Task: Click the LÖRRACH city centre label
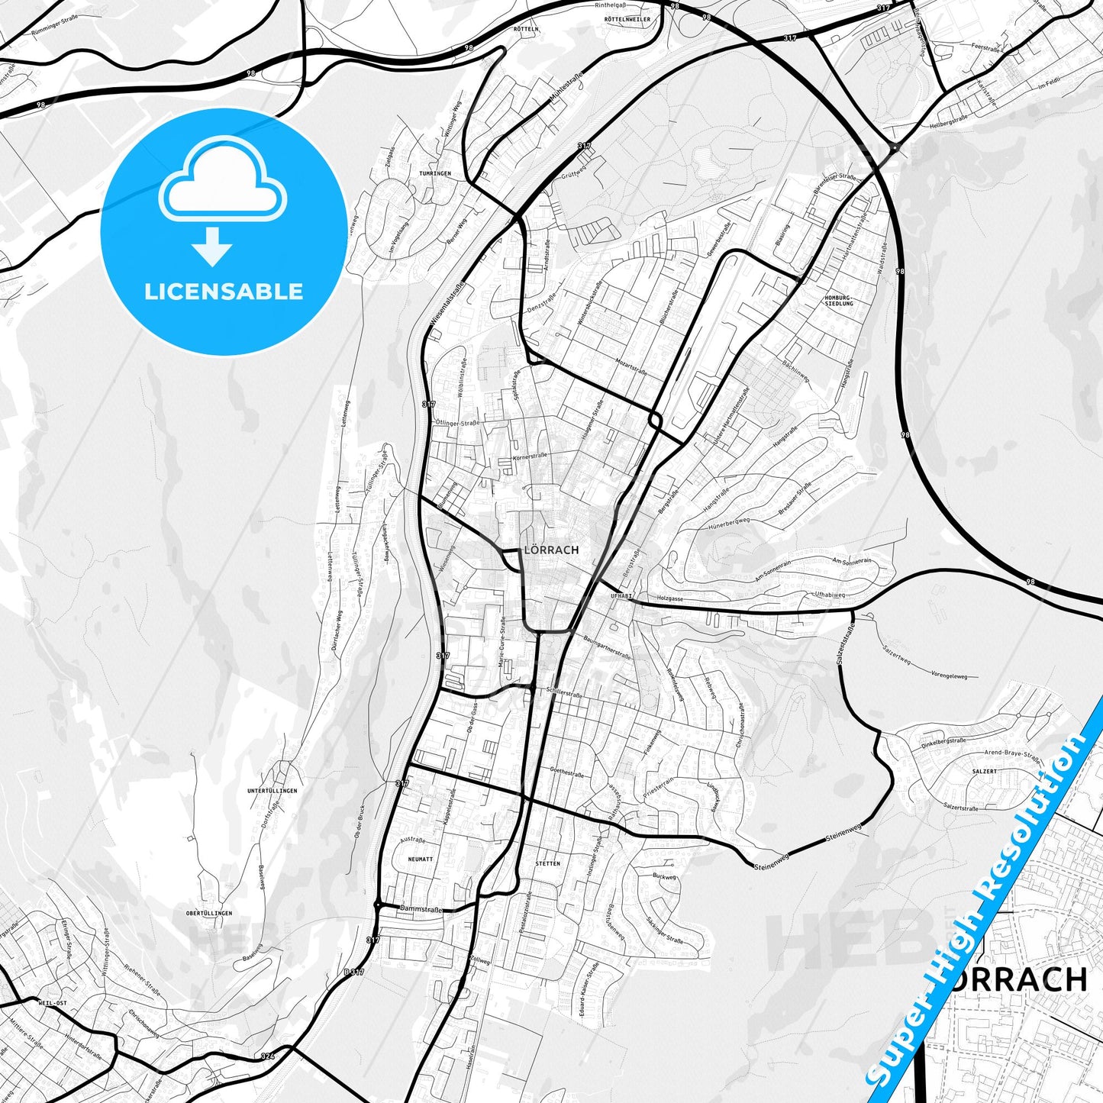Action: (551, 550)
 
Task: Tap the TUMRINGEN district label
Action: (435, 173)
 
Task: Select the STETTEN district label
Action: (547, 864)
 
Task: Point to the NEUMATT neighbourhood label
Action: (420, 859)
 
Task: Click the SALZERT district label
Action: (984, 772)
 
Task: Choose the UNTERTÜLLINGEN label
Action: (273, 791)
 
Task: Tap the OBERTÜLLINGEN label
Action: (209, 913)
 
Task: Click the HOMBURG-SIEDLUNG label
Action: (839, 300)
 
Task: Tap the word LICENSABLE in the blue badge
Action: (224, 291)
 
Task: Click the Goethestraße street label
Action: (566, 773)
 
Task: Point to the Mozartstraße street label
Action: (631, 362)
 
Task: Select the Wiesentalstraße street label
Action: (447, 306)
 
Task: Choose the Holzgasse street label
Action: (669, 599)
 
